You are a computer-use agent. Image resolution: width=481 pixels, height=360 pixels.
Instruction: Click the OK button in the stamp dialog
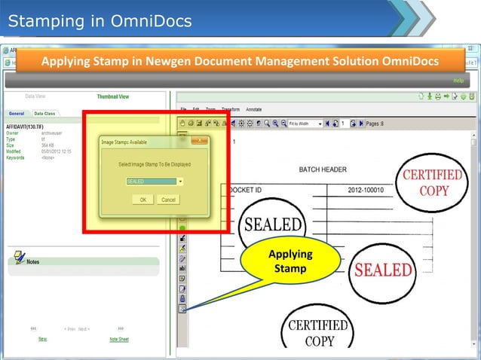(x=142, y=200)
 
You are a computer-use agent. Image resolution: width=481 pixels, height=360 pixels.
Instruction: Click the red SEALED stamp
(x=384, y=270)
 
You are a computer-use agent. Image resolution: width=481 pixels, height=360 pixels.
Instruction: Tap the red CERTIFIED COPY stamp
(x=433, y=183)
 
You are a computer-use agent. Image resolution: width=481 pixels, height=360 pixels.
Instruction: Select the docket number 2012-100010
(x=370, y=191)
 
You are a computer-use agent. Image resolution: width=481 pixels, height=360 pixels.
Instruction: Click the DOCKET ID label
(x=244, y=191)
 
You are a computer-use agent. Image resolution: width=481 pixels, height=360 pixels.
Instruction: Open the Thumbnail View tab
(x=112, y=97)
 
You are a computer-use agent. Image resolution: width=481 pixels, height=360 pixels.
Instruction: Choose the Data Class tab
(x=44, y=113)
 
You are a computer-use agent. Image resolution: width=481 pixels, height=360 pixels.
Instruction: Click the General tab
(x=17, y=113)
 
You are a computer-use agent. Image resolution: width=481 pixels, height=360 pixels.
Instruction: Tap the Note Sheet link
(x=118, y=339)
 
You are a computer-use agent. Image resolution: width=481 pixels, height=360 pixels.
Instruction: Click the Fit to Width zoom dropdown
(x=305, y=124)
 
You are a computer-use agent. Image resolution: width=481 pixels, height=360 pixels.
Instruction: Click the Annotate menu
(x=253, y=109)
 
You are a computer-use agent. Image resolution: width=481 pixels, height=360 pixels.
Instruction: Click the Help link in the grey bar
(x=458, y=80)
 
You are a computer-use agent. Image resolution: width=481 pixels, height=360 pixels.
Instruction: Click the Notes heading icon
(x=18, y=260)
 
